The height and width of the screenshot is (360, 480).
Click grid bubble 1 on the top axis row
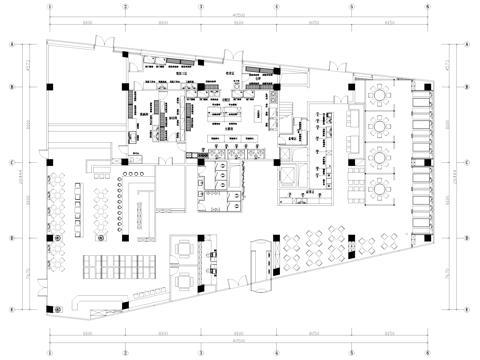[x=48, y=6]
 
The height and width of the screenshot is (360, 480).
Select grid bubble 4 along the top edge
[x=275, y=6]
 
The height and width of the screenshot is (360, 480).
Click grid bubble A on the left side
[x=10, y=45]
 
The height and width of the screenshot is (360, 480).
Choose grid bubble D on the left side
[x=10, y=238]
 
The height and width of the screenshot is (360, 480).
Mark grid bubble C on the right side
[x=468, y=162]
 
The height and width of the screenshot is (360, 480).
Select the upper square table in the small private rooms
[x=184, y=248]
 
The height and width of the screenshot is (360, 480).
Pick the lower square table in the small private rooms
[x=184, y=280]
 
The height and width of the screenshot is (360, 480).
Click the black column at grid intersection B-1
[x=48, y=87]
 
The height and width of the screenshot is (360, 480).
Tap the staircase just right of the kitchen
[x=290, y=130]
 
